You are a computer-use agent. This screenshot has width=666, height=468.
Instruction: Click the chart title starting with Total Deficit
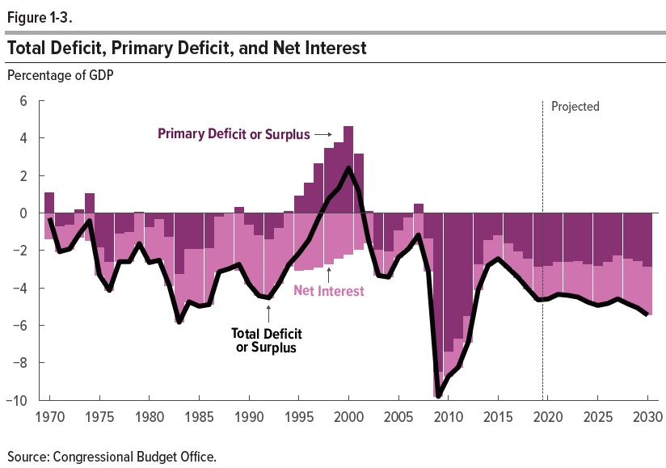point(187,48)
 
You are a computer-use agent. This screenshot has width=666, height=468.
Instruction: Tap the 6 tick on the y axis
point(23,101)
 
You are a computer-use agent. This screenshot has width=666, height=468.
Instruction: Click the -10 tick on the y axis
point(19,401)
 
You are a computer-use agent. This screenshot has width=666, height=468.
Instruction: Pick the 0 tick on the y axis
point(23,213)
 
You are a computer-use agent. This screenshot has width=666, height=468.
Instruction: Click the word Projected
point(575,107)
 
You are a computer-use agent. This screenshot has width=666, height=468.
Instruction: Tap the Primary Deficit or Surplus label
point(234,134)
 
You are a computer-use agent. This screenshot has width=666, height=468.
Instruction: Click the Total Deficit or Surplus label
point(263,339)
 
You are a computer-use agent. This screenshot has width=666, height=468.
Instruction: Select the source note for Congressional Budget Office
point(112,457)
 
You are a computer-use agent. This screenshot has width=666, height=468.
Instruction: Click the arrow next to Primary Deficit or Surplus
point(323,134)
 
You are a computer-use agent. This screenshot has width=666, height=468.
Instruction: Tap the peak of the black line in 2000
point(348,168)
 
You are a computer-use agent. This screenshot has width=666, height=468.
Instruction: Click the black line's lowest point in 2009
point(438,396)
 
